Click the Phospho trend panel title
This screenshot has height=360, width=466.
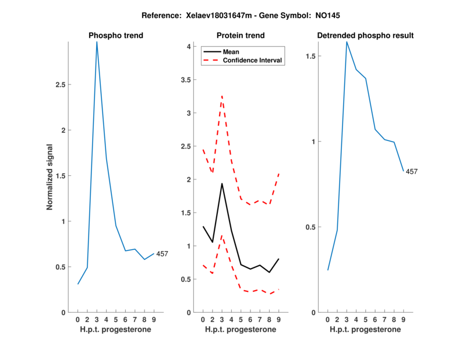point(115,36)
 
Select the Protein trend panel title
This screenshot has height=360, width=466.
point(241,36)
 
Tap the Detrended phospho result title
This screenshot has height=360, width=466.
point(365,36)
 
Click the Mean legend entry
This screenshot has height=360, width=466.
point(231,52)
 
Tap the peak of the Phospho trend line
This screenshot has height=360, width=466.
point(97,42)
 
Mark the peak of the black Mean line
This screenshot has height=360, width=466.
point(222,183)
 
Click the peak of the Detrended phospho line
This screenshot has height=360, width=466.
point(347,42)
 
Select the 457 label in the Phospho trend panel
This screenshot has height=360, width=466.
point(162,253)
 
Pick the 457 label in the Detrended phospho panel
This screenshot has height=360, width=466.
point(412,171)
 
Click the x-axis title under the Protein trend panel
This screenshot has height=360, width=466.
point(241,330)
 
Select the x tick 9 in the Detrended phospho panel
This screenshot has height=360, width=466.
point(403,319)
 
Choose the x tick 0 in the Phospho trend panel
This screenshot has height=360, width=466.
point(77,319)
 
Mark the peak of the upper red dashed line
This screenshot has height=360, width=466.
point(222,96)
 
